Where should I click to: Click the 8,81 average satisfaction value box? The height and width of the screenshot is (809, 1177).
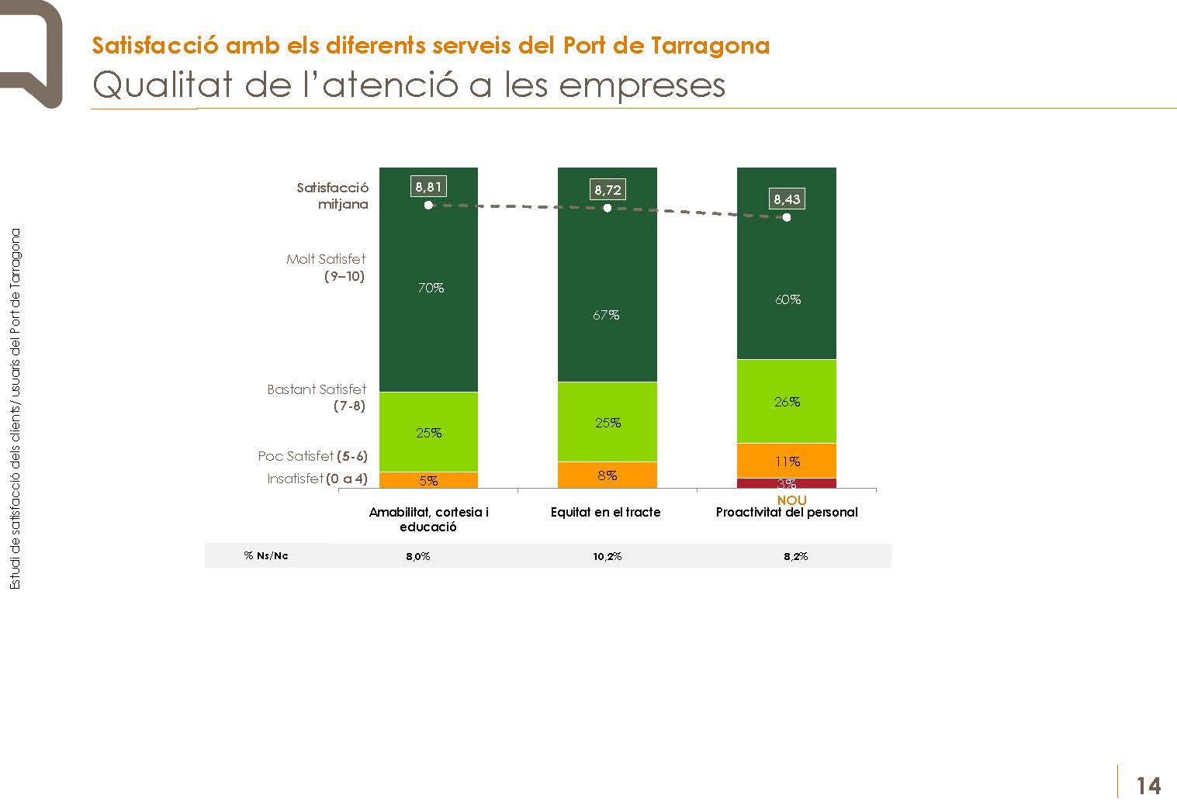pyautogui.click(x=428, y=186)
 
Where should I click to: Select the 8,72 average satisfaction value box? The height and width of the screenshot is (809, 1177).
pyautogui.click(x=608, y=189)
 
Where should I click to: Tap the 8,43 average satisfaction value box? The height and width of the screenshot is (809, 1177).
pyautogui.click(x=787, y=199)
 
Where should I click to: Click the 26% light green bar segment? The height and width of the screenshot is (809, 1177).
pyautogui.click(x=787, y=401)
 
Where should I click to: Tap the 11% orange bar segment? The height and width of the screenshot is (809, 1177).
pyautogui.click(x=787, y=461)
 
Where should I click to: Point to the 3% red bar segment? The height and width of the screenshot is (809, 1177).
pyautogui.click(x=787, y=483)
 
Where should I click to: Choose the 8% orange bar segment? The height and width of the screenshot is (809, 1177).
pyautogui.click(x=608, y=475)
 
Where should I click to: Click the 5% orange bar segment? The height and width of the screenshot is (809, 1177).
pyautogui.click(x=428, y=480)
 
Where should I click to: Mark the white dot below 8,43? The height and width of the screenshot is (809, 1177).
pyautogui.click(x=787, y=217)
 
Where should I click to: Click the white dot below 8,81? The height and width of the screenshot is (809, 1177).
pyautogui.click(x=428, y=206)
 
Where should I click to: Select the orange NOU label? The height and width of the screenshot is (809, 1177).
pyautogui.click(x=791, y=500)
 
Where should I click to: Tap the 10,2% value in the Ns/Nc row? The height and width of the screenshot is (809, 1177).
pyautogui.click(x=608, y=556)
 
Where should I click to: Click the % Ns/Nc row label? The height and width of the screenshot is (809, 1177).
pyautogui.click(x=266, y=556)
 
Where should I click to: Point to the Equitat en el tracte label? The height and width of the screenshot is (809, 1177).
pyautogui.click(x=605, y=512)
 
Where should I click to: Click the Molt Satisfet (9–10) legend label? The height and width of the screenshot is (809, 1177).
pyautogui.click(x=327, y=268)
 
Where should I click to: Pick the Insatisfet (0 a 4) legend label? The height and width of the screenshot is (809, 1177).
pyautogui.click(x=317, y=479)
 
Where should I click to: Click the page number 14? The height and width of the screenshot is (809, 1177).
pyautogui.click(x=1148, y=787)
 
